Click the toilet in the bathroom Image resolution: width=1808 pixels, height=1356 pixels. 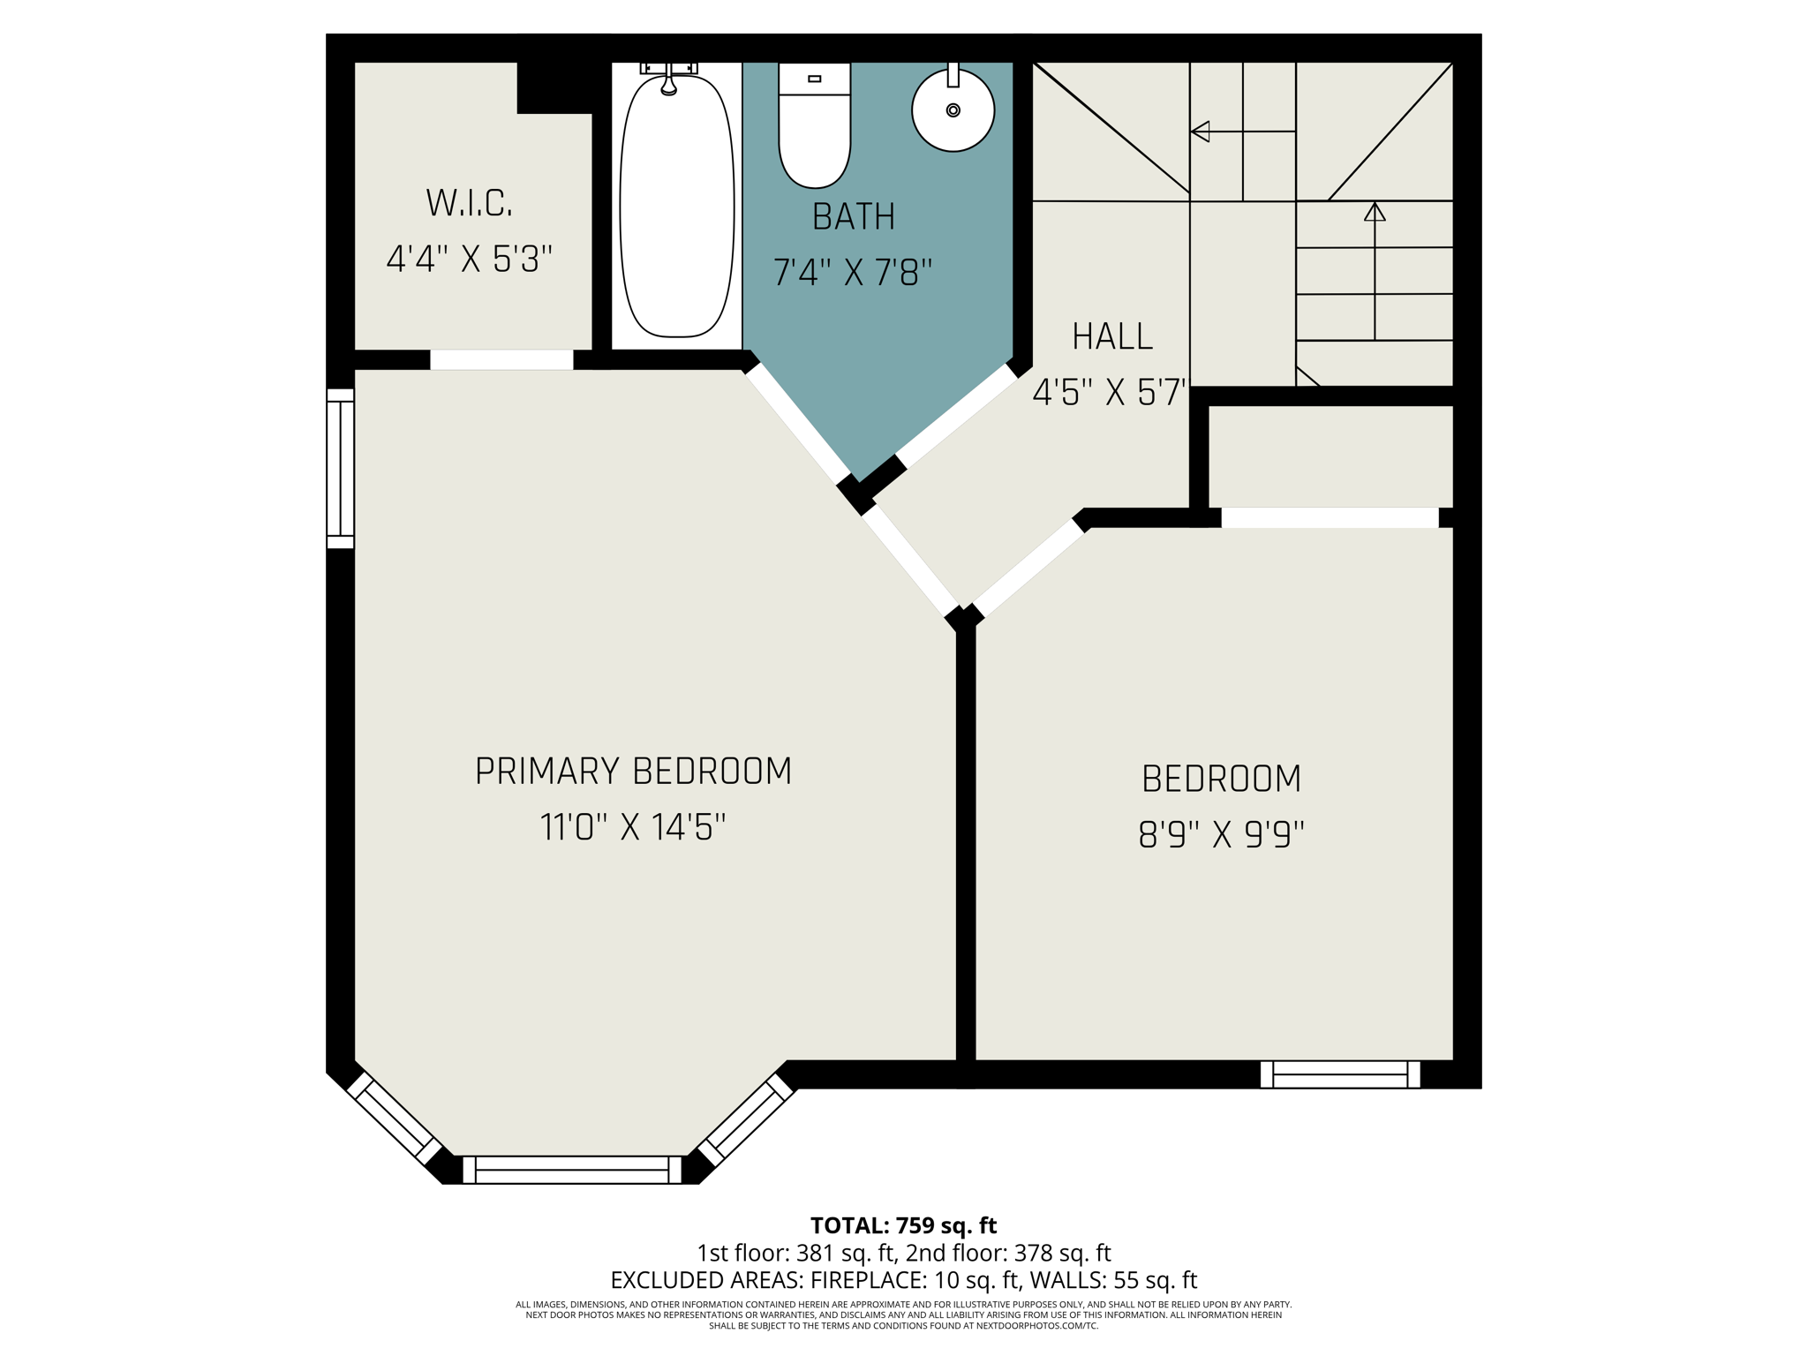coord(814,128)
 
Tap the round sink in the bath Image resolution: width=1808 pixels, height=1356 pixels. coord(953,111)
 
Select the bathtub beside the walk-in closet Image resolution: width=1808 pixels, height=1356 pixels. coord(677,207)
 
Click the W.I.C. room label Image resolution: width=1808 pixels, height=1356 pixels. coord(469,203)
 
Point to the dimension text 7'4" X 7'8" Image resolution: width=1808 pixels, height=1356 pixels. coord(852,273)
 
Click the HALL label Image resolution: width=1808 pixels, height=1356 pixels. coord(1111,336)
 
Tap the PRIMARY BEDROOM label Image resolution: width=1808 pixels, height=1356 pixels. coord(633,771)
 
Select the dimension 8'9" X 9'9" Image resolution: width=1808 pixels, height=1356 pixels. coord(1221,834)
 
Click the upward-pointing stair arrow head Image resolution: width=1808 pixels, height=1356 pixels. coord(1375,212)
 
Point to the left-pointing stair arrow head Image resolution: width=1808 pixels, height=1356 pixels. coord(1200,132)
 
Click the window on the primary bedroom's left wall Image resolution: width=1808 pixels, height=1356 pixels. coord(341,469)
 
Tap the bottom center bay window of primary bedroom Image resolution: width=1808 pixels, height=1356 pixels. coord(572,1170)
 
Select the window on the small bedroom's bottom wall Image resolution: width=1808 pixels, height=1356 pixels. coord(1340,1074)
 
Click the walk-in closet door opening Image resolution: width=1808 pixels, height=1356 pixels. coord(501,359)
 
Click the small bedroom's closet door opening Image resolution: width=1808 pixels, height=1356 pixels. coord(1329,517)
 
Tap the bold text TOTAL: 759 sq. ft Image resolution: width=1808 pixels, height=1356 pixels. coord(903,1225)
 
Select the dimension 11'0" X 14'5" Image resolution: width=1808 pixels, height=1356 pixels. coord(633,828)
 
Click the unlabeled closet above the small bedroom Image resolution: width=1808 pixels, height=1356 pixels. coord(1330,456)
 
